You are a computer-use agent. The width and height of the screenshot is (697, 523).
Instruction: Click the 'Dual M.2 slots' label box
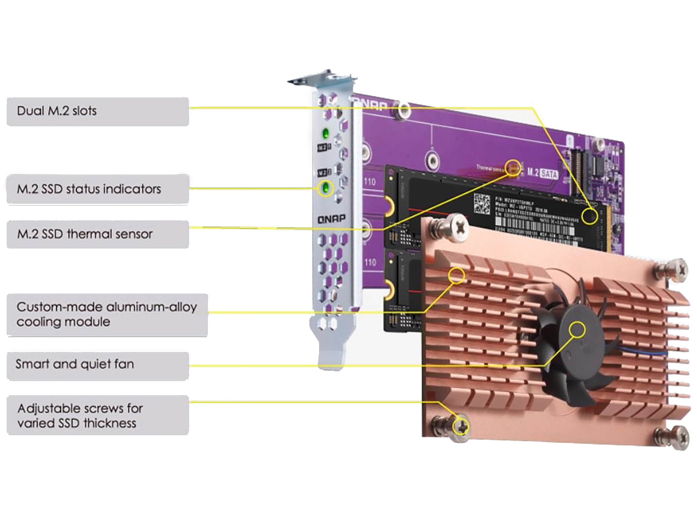point(98,111)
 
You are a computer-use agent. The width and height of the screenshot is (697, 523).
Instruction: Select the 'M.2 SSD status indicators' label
point(98,189)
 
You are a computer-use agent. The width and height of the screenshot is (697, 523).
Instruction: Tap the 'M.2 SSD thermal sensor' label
point(98,234)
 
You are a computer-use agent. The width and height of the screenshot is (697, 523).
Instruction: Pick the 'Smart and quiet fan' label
point(98,364)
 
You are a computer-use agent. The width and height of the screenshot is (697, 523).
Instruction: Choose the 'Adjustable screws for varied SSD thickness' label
point(98,416)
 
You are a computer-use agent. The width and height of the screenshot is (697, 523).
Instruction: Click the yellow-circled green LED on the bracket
point(325,188)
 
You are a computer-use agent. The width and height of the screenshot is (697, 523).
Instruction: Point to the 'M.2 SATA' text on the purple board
point(543,173)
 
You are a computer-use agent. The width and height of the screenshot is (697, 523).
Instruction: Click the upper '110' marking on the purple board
point(370,182)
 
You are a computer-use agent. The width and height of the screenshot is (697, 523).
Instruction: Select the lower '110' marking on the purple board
point(370,262)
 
